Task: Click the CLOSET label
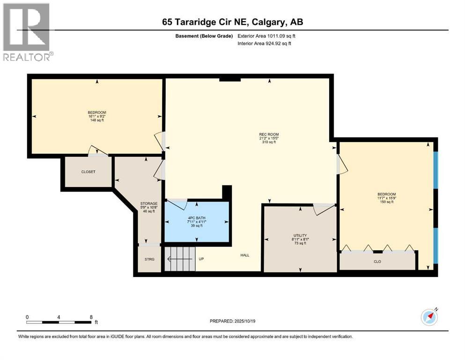click(x=88, y=172)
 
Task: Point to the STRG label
click(x=149, y=259)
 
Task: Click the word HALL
click(x=245, y=255)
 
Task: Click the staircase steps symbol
click(x=180, y=259)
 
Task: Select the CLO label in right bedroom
click(x=377, y=262)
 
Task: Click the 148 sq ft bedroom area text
click(x=97, y=120)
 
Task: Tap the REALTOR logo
click(x=27, y=32)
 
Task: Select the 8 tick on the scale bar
click(x=90, y=317)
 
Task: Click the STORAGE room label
click(x=148, y=203)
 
